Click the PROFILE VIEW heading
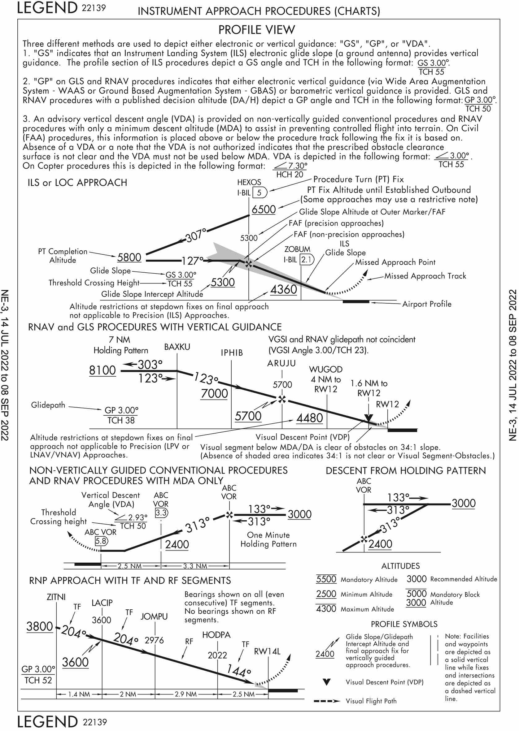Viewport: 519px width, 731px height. [257, 30]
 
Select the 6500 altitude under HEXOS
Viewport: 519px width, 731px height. [264, 210]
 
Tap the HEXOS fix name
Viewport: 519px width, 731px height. [249, 182]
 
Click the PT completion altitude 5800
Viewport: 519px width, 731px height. [129, 257]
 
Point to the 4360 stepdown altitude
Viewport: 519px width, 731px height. [284, 290]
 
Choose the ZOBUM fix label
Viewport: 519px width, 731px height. [297, 249]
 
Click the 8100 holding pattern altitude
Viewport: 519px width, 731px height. [102, 370]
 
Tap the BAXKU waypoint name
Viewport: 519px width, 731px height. [177, 347]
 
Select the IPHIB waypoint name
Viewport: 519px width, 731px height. [232, 353]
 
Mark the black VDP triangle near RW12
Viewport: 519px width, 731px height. [369, 418]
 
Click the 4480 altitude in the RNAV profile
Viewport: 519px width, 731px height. [310, 418]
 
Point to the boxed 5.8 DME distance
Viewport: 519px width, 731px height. [101, 541]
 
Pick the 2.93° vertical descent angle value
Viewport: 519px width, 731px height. [138, 517]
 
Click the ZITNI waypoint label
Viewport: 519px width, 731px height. [56, 597]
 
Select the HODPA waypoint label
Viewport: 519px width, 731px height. [216, 634]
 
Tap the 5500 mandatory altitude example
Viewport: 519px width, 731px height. [326, 579]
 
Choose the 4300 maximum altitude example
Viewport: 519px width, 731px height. [326, 609]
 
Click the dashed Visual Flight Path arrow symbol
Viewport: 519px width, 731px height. [327, 701]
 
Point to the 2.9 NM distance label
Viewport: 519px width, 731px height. [186, 694]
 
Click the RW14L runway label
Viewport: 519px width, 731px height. [267, 651]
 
